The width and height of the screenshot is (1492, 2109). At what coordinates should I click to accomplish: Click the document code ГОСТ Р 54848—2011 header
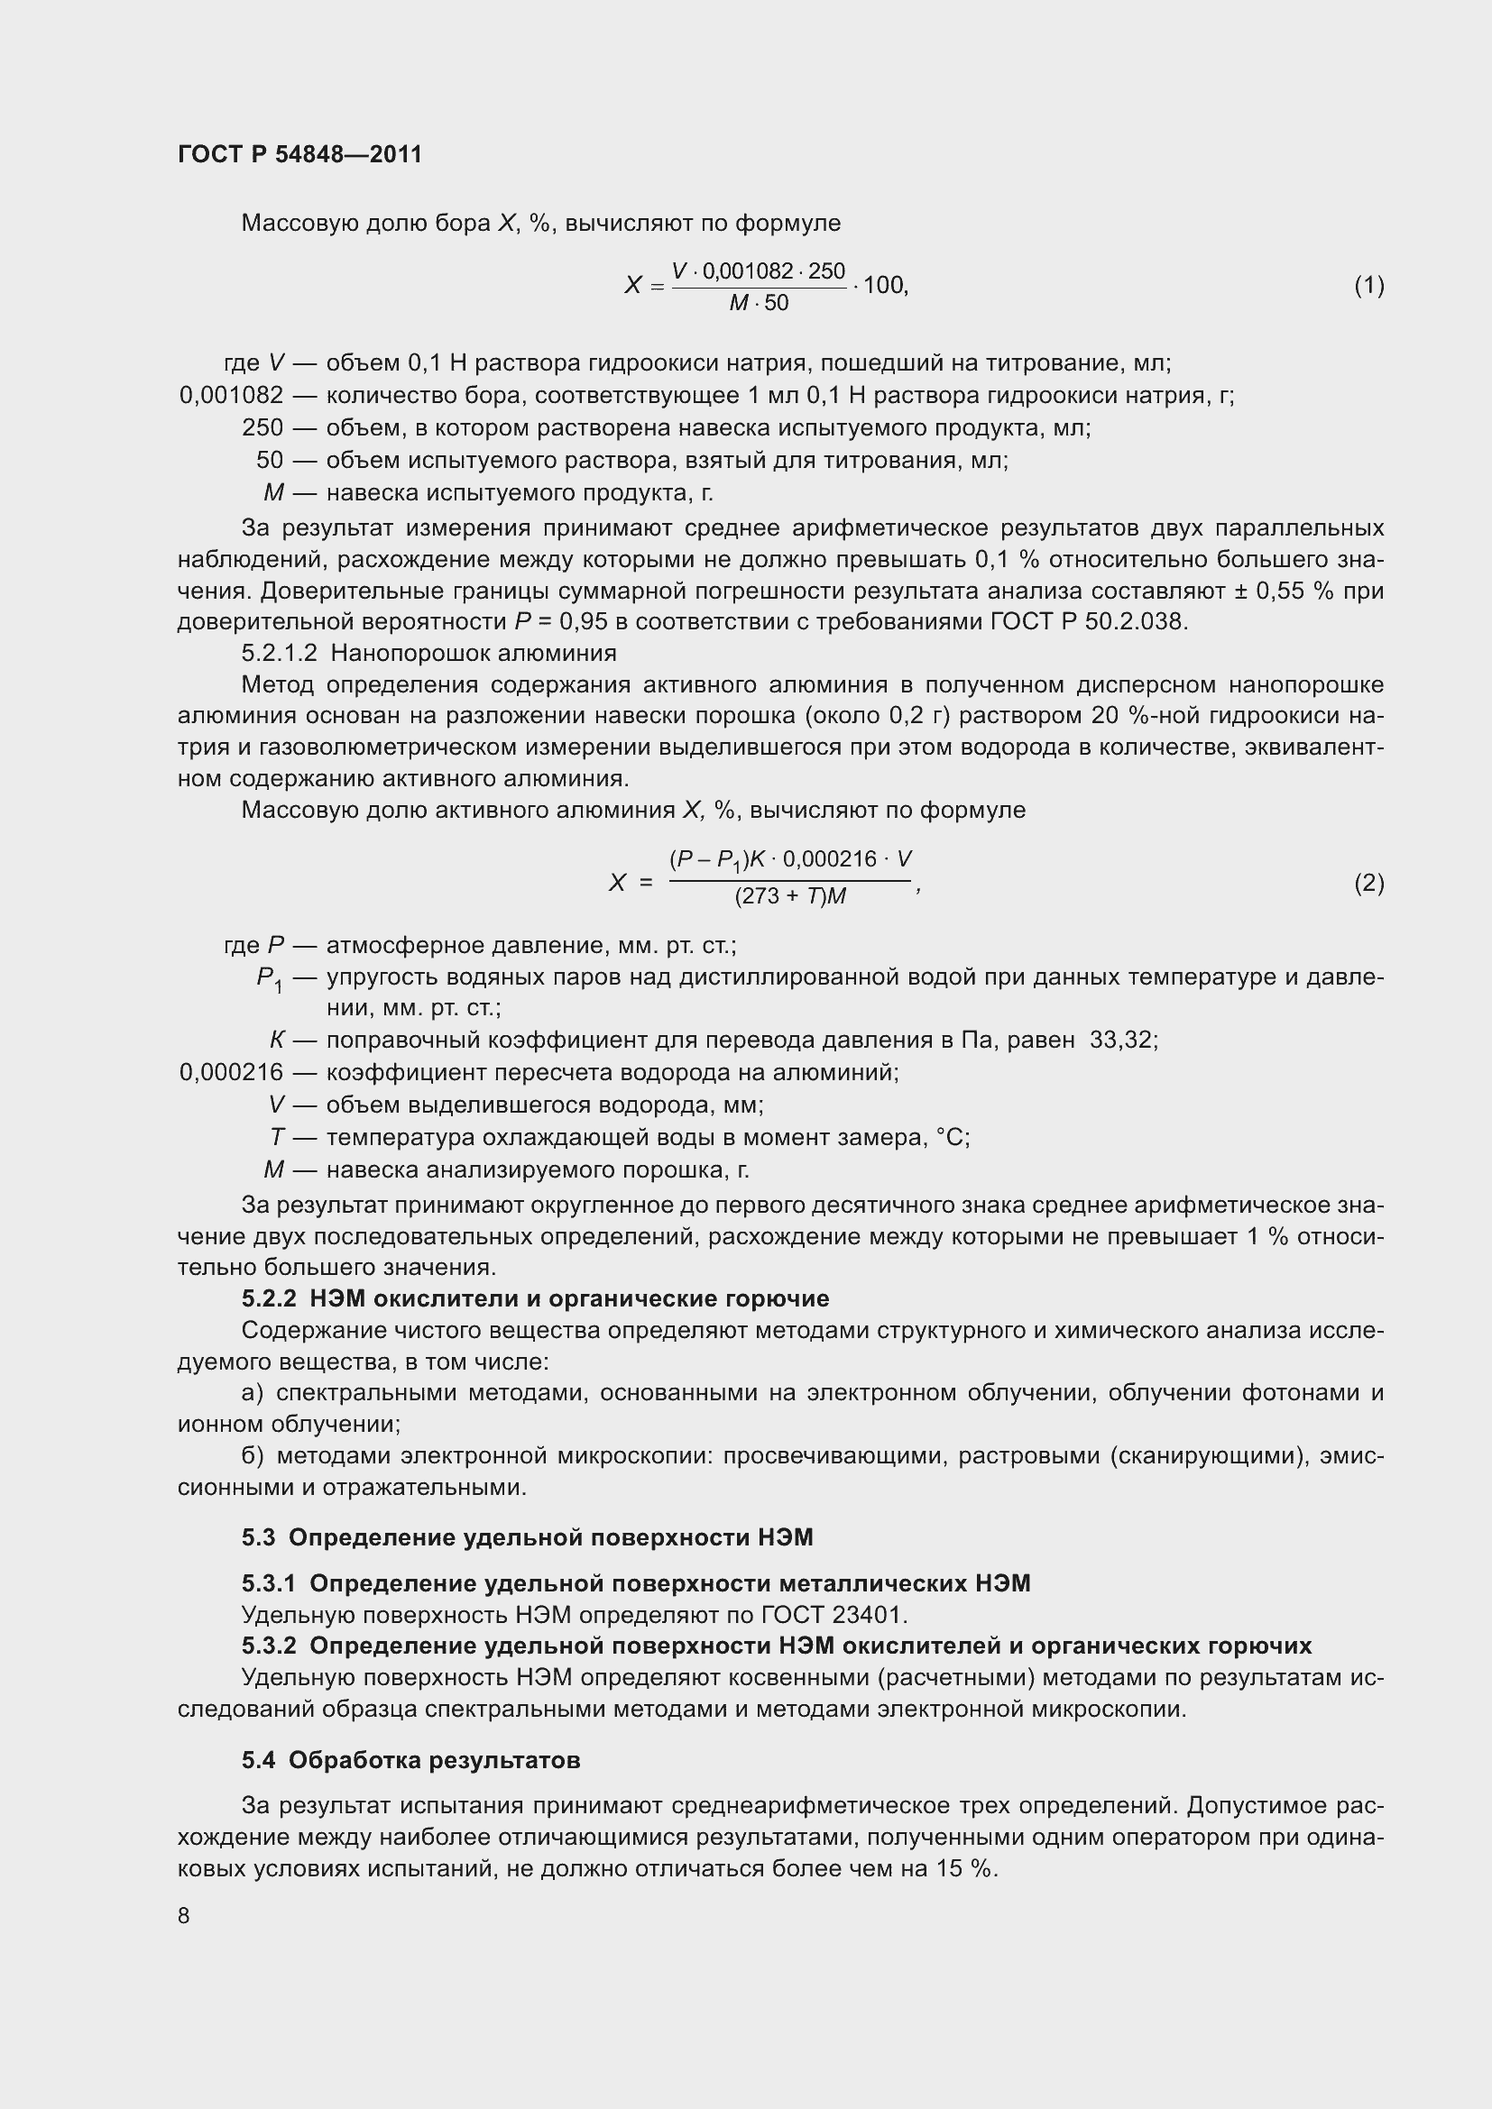pyautogui.click(x=299, y=154)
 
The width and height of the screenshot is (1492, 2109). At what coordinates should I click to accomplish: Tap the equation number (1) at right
pyautogui.click(x=1369, y=286)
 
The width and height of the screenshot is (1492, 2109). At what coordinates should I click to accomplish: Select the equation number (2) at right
pyautogui.click(x=1369, y=883)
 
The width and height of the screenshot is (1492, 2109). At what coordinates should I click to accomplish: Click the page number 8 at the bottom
pyautogui.click(x=184, y=1915)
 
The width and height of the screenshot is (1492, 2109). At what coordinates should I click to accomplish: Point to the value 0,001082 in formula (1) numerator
pyautogui.click(x=747, y=271)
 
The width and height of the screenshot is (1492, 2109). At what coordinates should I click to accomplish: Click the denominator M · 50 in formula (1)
pyautogui.click(x=759, y=303)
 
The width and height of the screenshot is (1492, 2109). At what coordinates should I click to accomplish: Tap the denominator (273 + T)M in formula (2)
pyautogui.click(x=790, y=896)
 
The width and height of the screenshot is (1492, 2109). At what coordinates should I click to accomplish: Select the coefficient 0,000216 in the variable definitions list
pyautogui.click(x=232, y=1072)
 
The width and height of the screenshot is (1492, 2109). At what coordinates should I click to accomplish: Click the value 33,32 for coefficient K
pyautogui.click(x=1123, y=1040)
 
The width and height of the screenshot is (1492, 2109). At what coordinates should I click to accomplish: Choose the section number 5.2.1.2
pyautogui.click(x=280, y=653)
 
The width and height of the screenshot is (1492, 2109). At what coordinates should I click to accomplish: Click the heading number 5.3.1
pyautogui.click(x=269, y=1582)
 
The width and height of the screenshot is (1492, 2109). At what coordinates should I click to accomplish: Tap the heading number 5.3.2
pyautogui.click(x=269, y=1646)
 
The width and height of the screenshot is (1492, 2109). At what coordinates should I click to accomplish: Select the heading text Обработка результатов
pyautogui.click(x=434, y=1760)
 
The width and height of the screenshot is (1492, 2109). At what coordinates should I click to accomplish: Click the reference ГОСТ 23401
pyautogui.click(x=833, y=1614)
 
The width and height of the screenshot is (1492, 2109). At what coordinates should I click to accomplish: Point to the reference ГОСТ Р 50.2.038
pyautogui.click(x=1089, y=622)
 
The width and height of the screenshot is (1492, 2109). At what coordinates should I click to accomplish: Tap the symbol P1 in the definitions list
pyautogui.click(x=269, y=979)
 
